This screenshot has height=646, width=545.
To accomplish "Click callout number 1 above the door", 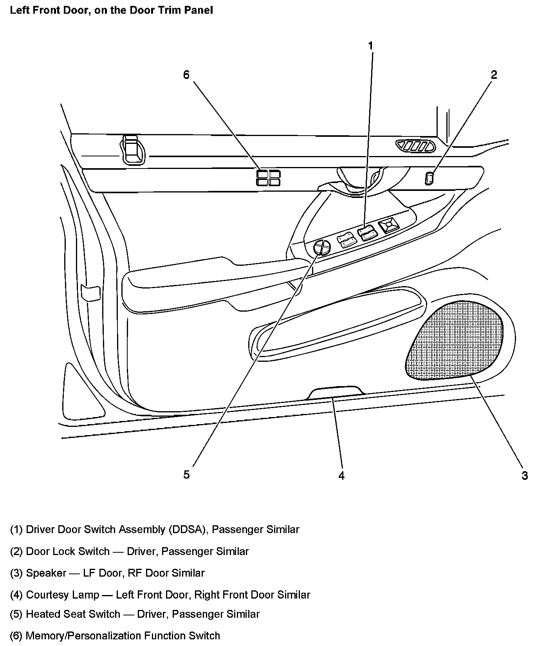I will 370,46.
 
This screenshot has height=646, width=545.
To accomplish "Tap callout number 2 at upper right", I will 494,74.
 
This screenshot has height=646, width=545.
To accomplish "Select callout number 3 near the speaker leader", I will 525,476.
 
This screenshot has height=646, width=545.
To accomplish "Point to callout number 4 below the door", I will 341,476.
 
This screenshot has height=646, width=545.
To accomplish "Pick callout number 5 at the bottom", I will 186,475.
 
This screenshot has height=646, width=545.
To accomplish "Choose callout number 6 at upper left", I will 186,74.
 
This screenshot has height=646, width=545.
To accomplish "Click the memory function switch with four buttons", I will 268,178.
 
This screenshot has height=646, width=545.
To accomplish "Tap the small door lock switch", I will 429,178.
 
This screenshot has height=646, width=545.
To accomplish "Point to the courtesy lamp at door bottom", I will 336,393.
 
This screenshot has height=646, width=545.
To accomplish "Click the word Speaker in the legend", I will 46,573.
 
